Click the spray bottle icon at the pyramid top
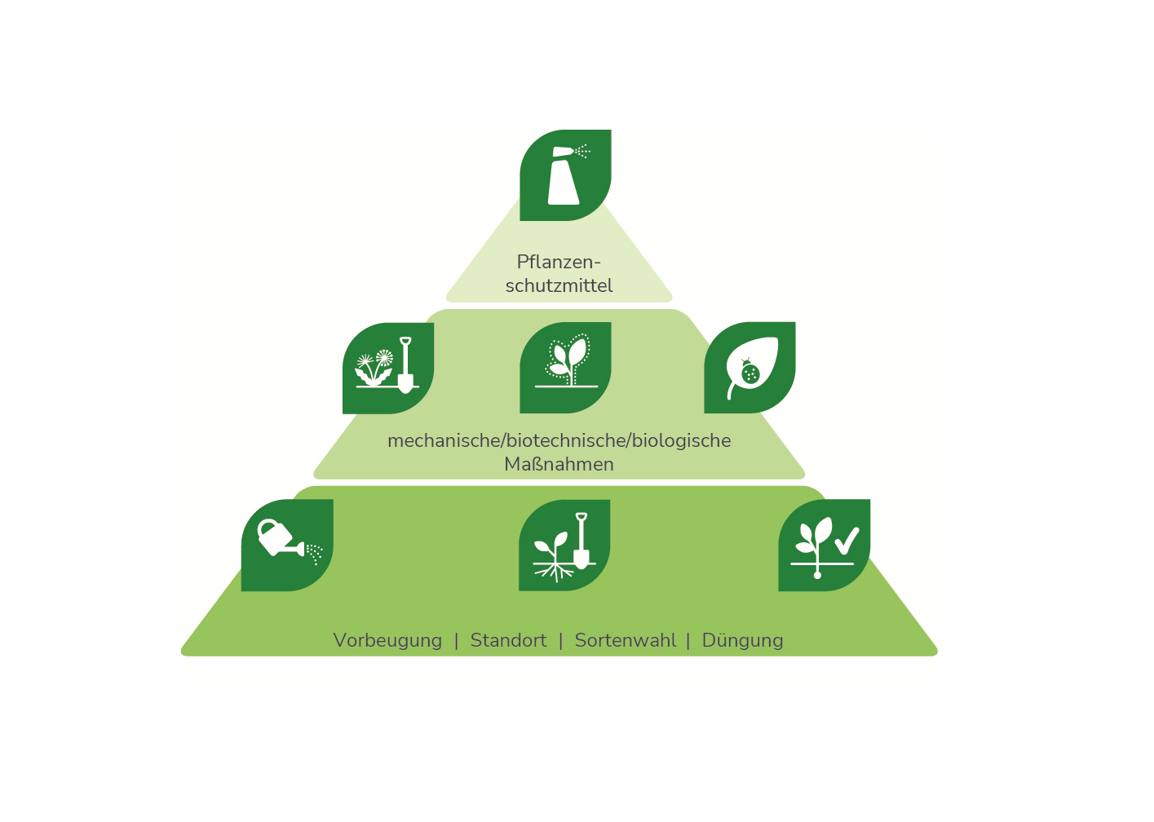[x=565, y=175]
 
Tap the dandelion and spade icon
[x=388, y=369]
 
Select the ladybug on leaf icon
[x=749, y=368]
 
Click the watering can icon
[x=287, y=545]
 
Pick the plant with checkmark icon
[x=824, y=545]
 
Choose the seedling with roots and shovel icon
[x=564, y=545]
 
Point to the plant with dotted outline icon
[x=565, y=368]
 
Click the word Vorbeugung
[x=387, y=641]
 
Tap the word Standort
[x=508, y=641]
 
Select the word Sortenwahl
[x=625, y=641]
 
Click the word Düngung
[x=742, y=641]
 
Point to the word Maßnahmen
[x=559, y=465]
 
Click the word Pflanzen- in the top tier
[x=559, y=263]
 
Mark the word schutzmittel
[x=559, y=286]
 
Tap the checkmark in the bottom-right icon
[x=847, y=541]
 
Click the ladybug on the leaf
[x=750, y=373]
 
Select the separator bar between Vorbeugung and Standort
[x=457, y=641]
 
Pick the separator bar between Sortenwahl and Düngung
[x=688, y=641]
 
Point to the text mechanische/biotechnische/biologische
[x=559, y=441]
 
